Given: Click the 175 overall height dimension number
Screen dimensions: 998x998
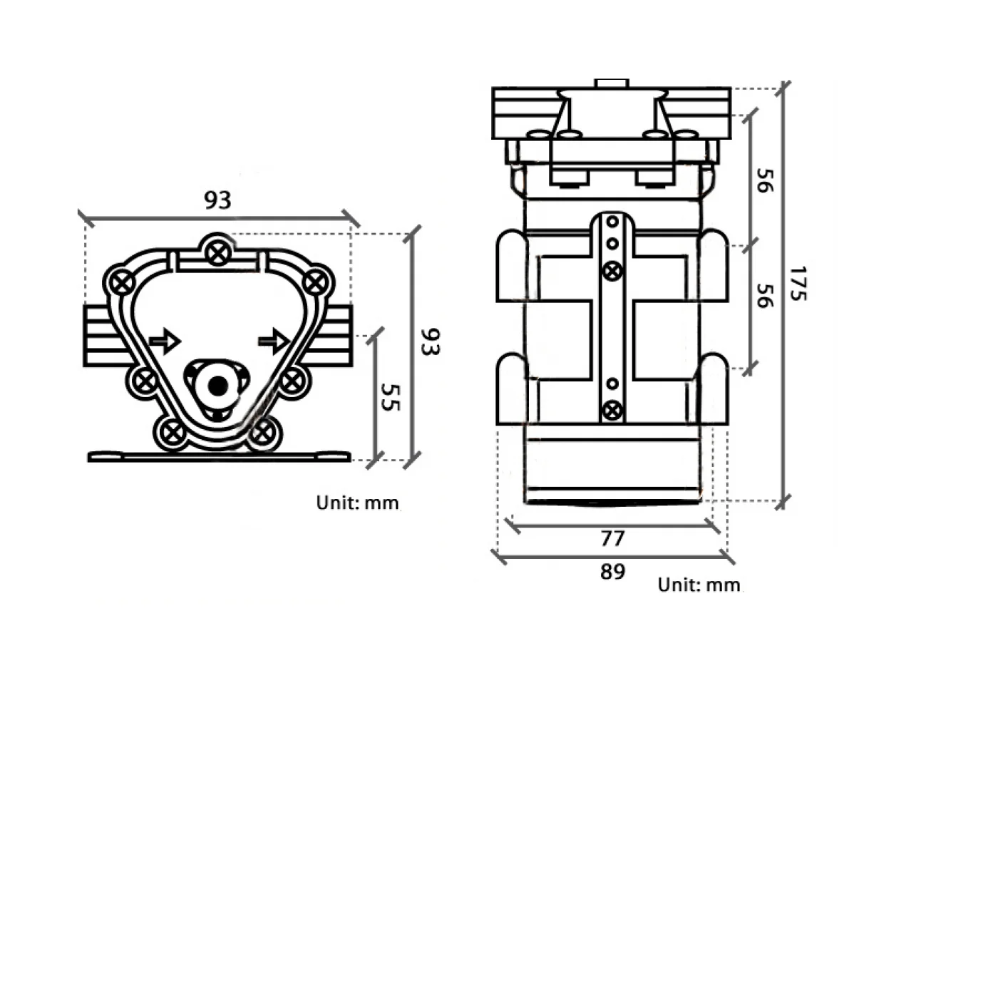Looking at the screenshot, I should click(x=799, y=283).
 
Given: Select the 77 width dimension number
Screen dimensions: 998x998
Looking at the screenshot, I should click(x=612, y=538).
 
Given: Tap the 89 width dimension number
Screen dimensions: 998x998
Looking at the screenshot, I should click(x=612, y=572).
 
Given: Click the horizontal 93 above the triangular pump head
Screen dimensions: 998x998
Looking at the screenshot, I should click(x=217, y=200).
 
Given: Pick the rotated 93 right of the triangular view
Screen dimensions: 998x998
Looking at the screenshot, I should click(x=430, y=341).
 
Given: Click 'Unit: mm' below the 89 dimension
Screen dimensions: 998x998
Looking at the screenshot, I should click(x=699, y=585).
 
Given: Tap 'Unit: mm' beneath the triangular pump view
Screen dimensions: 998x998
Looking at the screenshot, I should click(x=357, y=503).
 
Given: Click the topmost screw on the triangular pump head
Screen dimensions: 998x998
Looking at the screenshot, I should click(x=218, y=252).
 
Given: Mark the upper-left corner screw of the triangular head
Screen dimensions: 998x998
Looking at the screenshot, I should click(x=123, y=283).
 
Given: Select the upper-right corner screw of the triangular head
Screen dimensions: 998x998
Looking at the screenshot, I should click(x=314, y=283).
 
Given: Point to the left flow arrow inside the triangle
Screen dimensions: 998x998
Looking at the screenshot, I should click(x=165, y=341).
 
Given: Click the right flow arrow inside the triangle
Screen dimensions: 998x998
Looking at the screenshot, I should click(x=274, y=341).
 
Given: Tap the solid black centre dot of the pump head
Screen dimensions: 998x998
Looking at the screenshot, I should click(x=218, y=386).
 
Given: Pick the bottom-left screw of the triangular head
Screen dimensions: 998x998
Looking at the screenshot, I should click(x=172, y=432).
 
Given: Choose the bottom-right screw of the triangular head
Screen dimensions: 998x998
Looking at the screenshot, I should click(x=262, y=432).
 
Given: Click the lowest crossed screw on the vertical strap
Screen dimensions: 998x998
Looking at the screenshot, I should click(x=612, y=411).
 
